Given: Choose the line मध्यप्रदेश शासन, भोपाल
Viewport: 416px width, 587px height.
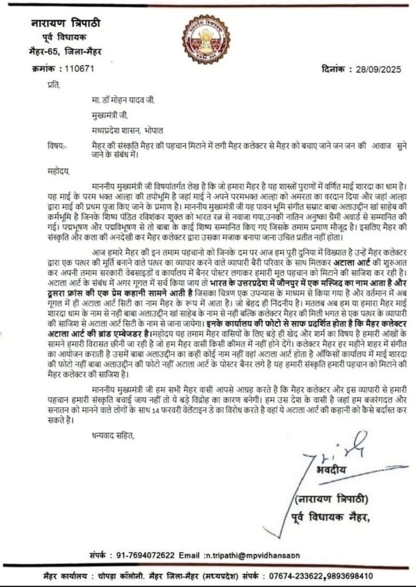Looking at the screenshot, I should coord(128,130).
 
